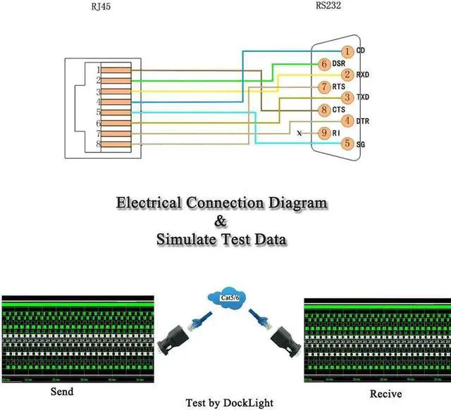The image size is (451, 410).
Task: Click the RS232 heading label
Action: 332,7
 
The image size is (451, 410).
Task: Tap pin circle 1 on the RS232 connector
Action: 347,51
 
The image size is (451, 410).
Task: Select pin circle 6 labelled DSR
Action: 324,63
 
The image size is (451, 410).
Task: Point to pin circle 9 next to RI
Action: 324,132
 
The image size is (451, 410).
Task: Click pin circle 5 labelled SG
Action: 347,143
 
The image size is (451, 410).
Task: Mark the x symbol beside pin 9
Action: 299,132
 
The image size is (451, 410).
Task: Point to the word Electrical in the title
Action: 149,203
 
